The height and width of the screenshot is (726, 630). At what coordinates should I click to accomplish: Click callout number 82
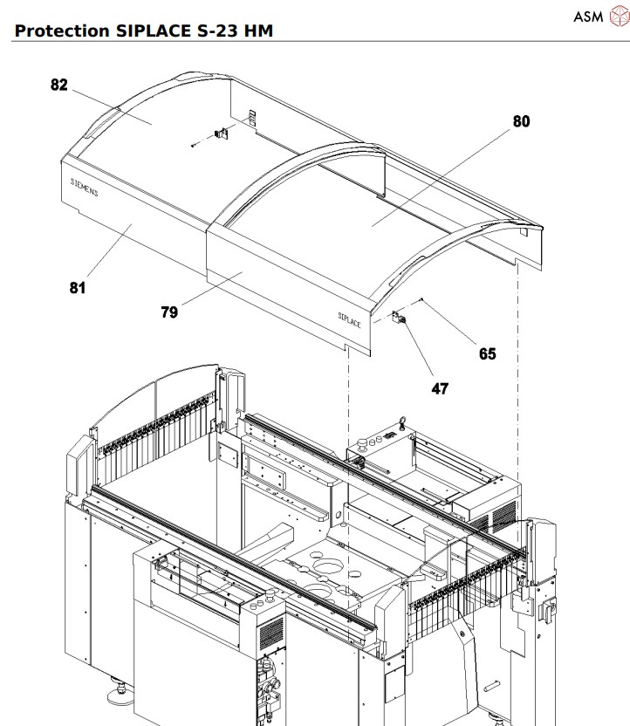click(58, 85)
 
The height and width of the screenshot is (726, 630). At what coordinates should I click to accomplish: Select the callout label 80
click(520, 121)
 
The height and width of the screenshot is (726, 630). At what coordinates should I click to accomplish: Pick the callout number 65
click(487, 353)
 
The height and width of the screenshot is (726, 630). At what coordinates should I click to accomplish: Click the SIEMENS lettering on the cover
click(84, 188)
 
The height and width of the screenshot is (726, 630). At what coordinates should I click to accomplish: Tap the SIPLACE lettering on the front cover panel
click(350, 319)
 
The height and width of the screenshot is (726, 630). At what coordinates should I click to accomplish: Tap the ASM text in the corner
click(587, 16)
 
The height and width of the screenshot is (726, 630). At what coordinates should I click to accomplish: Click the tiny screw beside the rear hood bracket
click(193, 146)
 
